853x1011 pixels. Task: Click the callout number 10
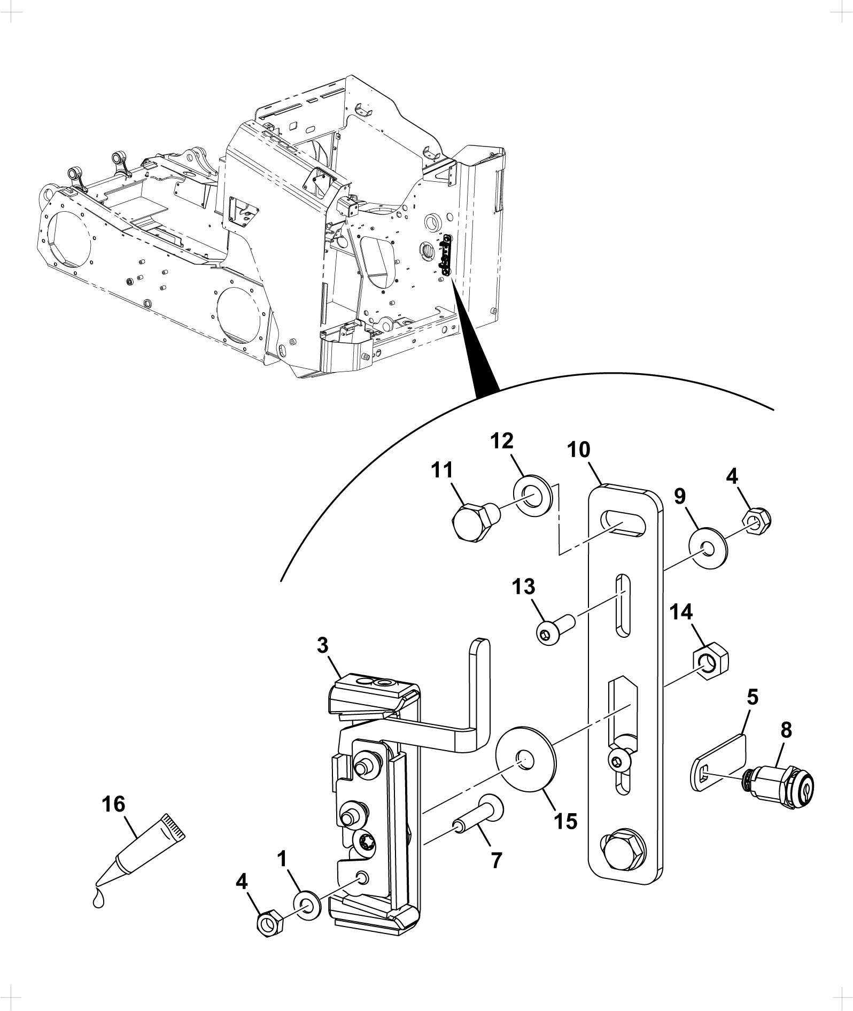[x=579, y=450]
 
